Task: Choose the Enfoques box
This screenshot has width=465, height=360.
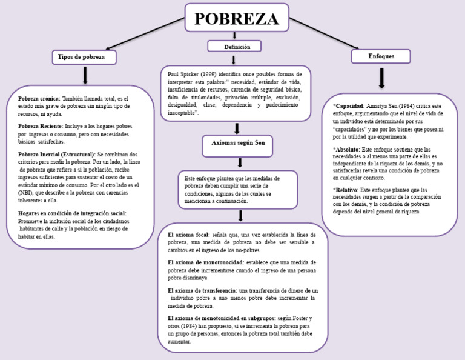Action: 381,56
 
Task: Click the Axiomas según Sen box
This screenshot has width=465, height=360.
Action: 238,145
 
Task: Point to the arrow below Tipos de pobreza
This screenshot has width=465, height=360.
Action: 85,75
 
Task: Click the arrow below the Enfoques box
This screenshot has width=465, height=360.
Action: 381,78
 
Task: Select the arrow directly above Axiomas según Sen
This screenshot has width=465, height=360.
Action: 237,128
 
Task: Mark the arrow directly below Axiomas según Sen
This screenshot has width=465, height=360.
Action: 240,162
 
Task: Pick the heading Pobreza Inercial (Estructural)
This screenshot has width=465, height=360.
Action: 56,155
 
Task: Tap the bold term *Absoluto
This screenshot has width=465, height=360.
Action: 346,149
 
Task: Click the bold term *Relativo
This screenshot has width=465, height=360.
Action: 345,190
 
